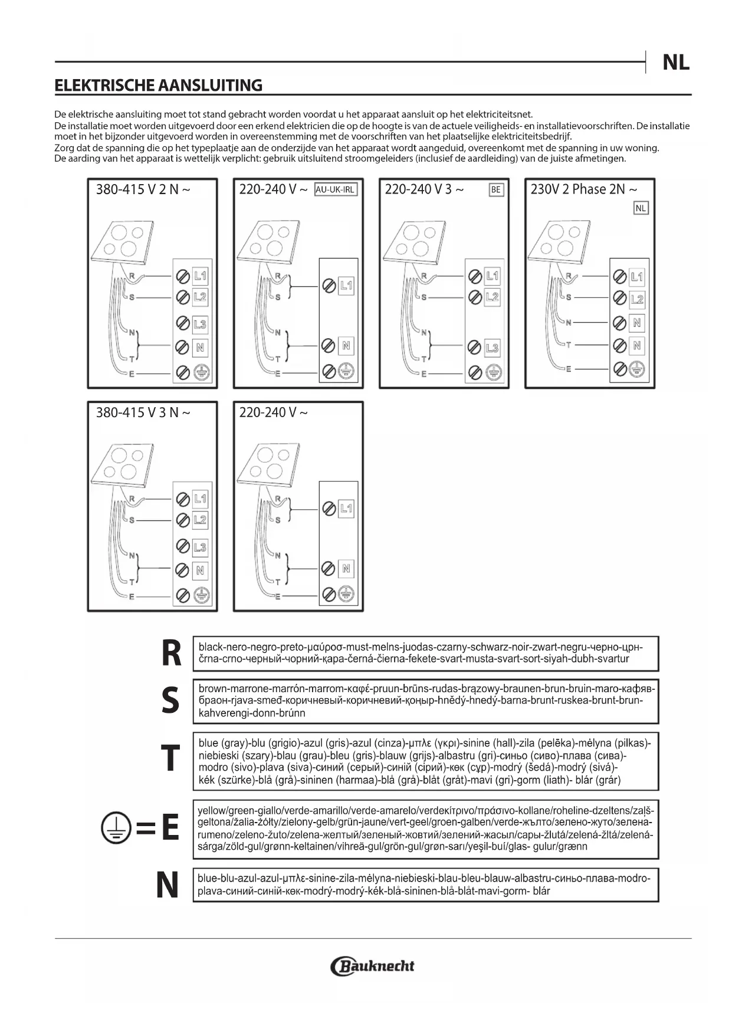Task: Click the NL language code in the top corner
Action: click(x=675, y=62)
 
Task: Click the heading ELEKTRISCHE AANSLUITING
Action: click(x=158, y=86)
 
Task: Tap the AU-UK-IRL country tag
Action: click(x=336, y=189)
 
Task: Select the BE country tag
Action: click(x=496, y=190)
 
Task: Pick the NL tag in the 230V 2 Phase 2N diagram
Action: click(x=641, y=208)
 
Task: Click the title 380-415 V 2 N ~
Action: click(x=143, y=189)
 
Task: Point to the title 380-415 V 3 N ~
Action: click(x=143, y=412)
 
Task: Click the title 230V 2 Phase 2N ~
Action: click(x=583, y=189)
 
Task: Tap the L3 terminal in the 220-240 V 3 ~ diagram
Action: click(x=492, y=348)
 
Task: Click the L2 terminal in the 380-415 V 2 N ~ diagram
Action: click(x=201, y=296)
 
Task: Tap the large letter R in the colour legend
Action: click(x=171, y=654)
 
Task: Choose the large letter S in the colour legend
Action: click(x=170, y=700)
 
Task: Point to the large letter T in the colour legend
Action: click(x=170, y=758)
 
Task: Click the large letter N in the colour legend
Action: click(x=168, y=885)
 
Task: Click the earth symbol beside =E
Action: click(x=115, y=827)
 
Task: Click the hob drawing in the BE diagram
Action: click(x=412, y=243)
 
